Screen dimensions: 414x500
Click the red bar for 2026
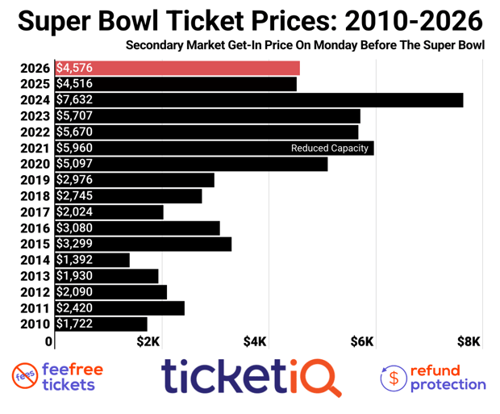(x=177, y=68)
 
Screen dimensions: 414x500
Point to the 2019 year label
(x=37, y=180)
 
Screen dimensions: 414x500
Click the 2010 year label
(x=37, y=324)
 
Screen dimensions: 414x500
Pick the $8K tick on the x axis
(x=469, y=342)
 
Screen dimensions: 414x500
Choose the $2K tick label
(x=148, y=342)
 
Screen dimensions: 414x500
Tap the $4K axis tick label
(x=255, y=342)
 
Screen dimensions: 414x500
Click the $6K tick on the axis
(x=362, y=342)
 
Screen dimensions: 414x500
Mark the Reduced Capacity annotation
(x=329, y=148)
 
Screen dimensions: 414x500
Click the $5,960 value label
(x=75, y=148)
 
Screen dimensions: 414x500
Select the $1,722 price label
(x=75, y=324)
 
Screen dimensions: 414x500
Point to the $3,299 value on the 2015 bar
(x=75, y=244)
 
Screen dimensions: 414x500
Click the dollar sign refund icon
(x=394, y=377)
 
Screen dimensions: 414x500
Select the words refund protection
(x=448, y=377)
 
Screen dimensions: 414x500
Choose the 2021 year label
(x=37, y=148)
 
